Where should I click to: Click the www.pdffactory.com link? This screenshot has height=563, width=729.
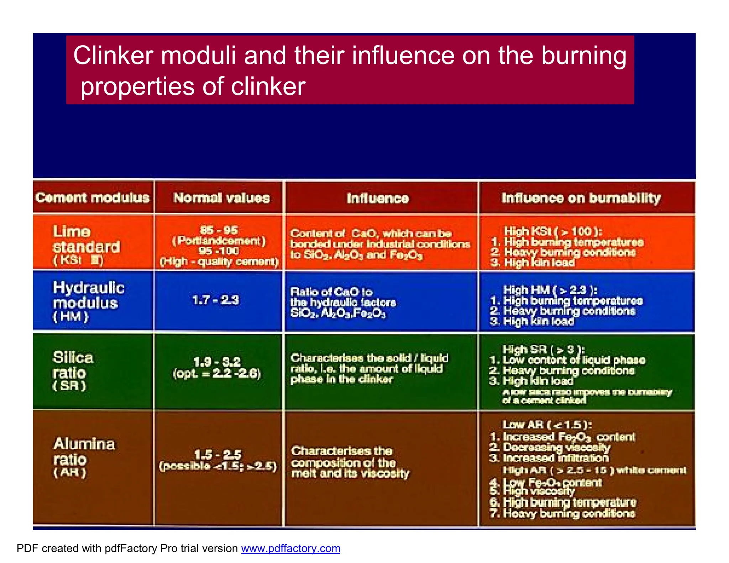pyautogui.click(x=290, y=548)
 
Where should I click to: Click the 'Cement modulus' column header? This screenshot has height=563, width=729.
pyautogui.click(x=93, y=198)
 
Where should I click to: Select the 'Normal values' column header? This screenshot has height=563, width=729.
pyautogui.click(x=221, y=198)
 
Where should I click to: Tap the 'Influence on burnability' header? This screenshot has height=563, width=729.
pyautogui.click(x=581, y=198)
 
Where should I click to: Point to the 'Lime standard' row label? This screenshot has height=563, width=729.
pyautogui.click(x=86, y=240)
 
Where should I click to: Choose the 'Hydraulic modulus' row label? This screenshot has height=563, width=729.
pyautogui.click(x=88, y=295)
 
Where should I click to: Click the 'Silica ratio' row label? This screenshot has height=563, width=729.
pyautogui.click(x=73, y=365)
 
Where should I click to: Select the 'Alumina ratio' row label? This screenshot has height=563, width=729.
pyautogui.click(x=84, y=452)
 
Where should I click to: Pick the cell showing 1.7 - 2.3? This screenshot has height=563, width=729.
pyautogui.click(x=216, y=300)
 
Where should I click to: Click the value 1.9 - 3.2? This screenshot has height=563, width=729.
pyautogui.click(x=217, y=362)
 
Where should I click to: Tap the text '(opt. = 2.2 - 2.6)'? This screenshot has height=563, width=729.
pyautogui.click(x=217, y=374)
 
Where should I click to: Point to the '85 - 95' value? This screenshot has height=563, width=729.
pyautogui.click(x=219, y=230)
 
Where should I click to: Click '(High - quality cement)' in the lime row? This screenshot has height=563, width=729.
pyautogui.click(x=219, y=262)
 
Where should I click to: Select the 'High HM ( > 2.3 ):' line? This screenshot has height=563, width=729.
pyautogui.click(x=550, y=290)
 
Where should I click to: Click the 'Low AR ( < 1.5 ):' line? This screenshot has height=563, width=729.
pyautogui.click(x=547, y=425)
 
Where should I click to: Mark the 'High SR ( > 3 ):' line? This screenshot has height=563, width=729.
pyautogui.click(x=544, y=349)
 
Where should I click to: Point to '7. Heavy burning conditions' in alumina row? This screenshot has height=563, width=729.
pyautogui.click(x=562, y=513)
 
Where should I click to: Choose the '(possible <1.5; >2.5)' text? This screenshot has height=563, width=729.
pyautogui.click(x=218, y=466)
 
